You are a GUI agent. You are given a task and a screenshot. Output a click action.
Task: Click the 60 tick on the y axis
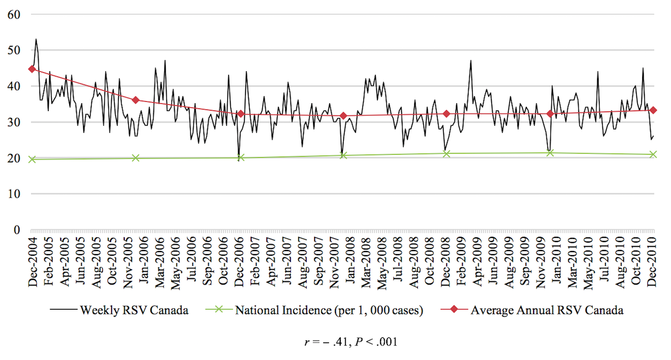pyautogui.click(x=14, y=14)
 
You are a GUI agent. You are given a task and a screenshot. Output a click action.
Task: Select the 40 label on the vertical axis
pyautogui.click(x=14, y=86)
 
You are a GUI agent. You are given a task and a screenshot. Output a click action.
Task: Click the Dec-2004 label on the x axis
pyautogui.click(x=33, y=261)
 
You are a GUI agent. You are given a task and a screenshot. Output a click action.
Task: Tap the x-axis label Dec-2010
pyautogui.click(x=653, y=261)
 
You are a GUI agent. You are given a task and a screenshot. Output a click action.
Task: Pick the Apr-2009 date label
pyautogui.click(x=477, y=261)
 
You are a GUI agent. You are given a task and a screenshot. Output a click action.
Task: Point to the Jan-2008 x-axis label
pyautogui.click(x=349, y=261)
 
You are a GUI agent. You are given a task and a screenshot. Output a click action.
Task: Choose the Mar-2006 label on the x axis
pyautogui.click(x=158, y=261)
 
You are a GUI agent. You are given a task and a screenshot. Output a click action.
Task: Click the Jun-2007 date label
pyautogui.click(x=286, y=261)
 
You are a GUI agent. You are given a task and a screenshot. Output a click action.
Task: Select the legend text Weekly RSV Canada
pyautogui.click(x=134, y=310)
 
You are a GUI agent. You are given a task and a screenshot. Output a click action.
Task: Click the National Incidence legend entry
pyautogui.click(x=329, y=310)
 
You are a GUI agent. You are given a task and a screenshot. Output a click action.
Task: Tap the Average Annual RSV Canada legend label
pyautogui.click(x=547, y=310)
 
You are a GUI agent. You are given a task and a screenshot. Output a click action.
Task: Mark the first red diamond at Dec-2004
pyautogui.click(x=32, y=69)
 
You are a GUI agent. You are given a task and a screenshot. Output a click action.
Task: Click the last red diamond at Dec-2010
pyautogui.click(x=653, y=111)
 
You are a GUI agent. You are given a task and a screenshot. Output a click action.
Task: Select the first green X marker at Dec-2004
pyautogui.click(x=32, y=159)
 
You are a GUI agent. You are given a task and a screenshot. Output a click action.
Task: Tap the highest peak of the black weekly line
pyautogui.click(x=36, y=39)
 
